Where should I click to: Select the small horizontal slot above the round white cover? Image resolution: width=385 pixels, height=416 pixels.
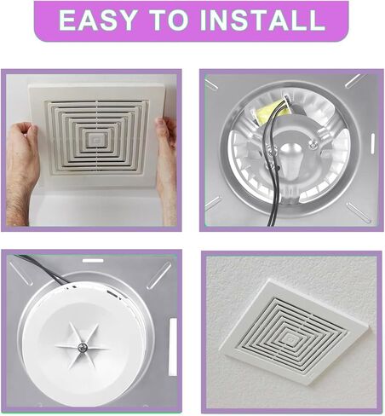point(92,260)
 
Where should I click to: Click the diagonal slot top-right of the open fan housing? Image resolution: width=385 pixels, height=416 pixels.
point(353,81)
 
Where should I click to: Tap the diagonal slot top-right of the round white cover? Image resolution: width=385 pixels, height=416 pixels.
point(158,274)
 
